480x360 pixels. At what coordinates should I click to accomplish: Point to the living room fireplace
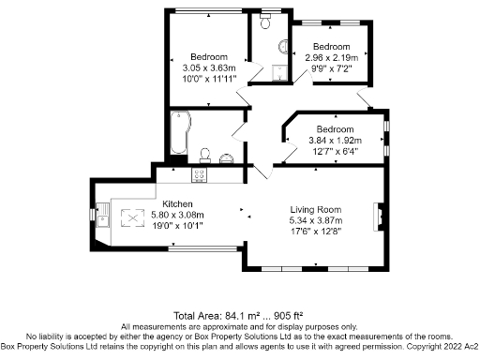378,217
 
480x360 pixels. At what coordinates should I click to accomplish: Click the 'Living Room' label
315,209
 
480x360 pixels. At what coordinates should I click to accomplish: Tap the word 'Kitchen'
178,204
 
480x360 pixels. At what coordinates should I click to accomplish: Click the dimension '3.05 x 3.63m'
209,67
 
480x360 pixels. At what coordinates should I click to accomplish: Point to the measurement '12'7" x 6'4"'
334,151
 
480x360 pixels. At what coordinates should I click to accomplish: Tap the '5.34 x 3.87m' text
315,219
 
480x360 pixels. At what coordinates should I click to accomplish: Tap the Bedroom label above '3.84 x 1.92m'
334,129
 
